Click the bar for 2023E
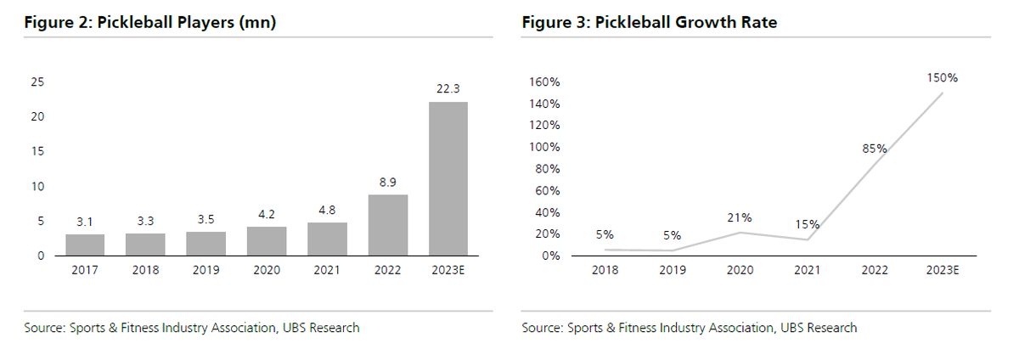(448, 178)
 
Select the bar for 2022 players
(387, 225)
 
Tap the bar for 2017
(85, 245)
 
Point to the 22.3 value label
(448, 89)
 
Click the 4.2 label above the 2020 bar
(267, 214)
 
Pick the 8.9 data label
(387, 182)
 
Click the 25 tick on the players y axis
(38, 82)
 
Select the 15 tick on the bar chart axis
(38, 152)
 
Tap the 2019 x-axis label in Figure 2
(205, 270)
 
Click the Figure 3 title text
(650, 23)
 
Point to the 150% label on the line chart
(942, 77)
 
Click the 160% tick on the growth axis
(544, 82)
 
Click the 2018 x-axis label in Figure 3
(605, 270)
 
